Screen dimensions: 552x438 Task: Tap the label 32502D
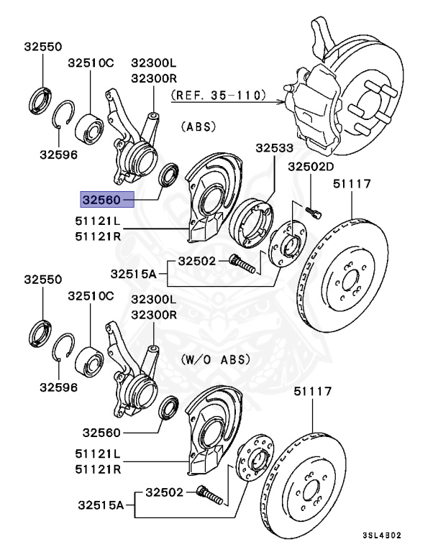pos(311,167)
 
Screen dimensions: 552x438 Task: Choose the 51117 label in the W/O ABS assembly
pos(312,392)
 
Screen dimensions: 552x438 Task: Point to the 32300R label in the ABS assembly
pos(152,78)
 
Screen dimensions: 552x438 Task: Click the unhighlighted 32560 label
pos(101,433)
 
